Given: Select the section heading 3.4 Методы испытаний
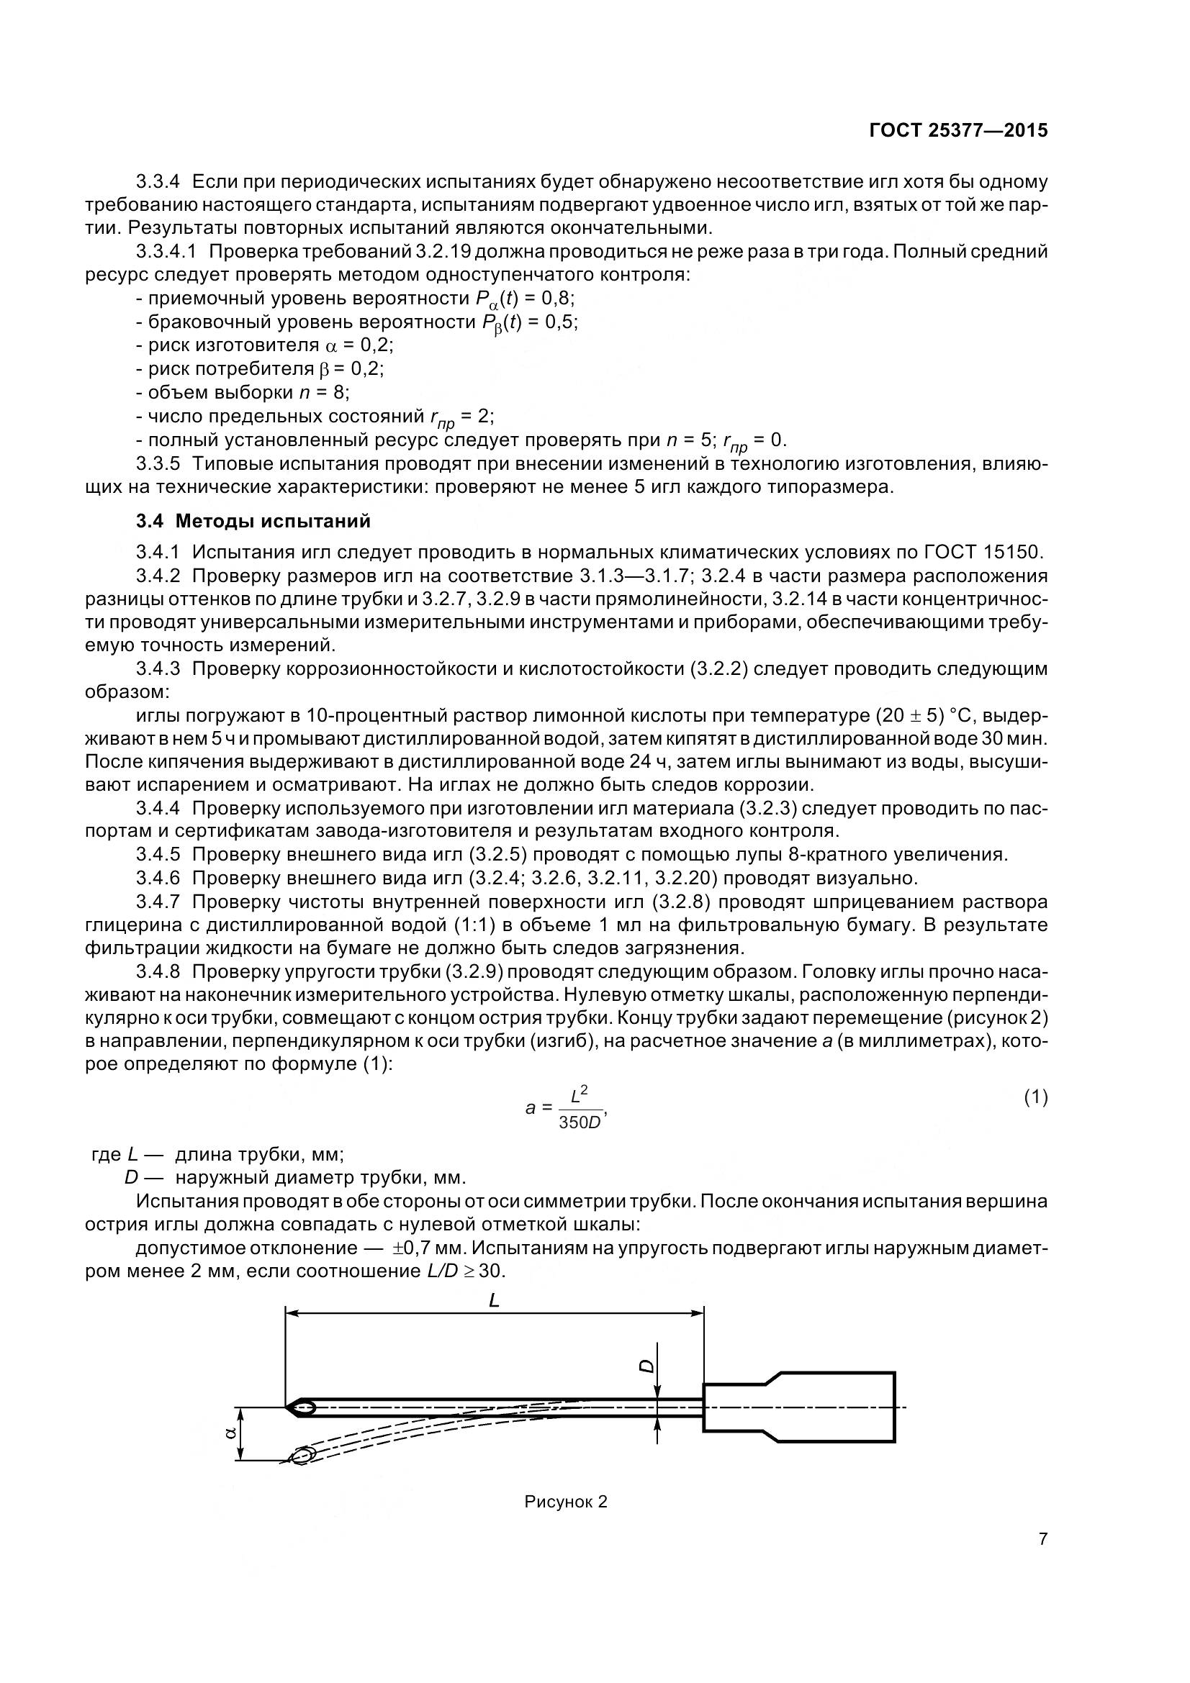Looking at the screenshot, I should (253, 521).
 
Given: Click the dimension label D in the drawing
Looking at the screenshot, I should (646, 1366).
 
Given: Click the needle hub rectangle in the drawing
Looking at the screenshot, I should (799, 1407).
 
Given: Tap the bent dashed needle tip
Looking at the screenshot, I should (303, 1455).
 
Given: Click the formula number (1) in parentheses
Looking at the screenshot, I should (1035, 1097).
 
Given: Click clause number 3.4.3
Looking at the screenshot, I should (158, 668).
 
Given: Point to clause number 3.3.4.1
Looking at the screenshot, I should (166, 251).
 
